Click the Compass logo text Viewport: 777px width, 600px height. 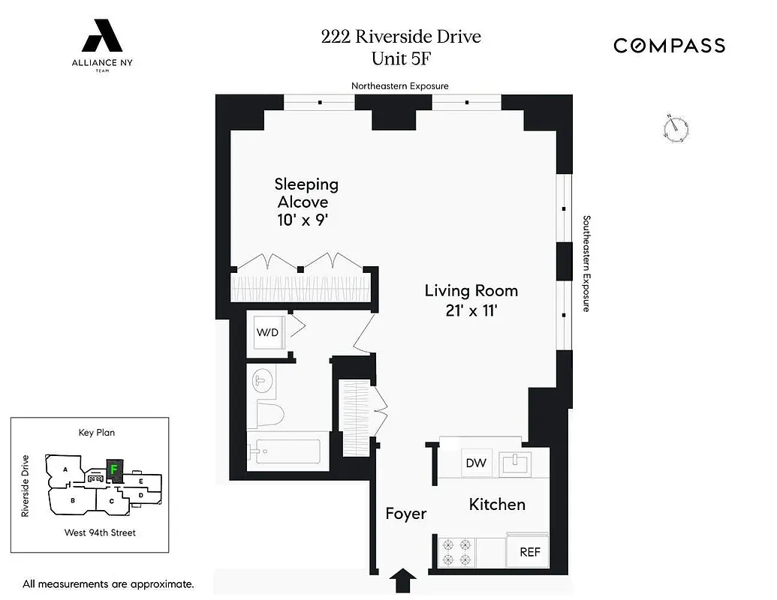tap(669, 46)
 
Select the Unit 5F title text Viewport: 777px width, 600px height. tap(401, 57)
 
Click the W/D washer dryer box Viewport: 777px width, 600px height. tap(267, 331)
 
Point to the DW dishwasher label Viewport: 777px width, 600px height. tap(476, 463)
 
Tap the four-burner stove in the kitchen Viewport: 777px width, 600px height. tap(456, 551)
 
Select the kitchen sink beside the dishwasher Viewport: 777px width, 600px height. tap(516, 463)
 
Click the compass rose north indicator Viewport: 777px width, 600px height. tap(677, 128)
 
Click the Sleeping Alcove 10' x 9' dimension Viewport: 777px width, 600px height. tap(303, 221)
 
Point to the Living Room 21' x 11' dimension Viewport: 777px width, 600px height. tap(471, 310)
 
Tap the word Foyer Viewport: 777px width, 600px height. tap(405, 514)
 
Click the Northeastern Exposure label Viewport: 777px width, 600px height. tap(399, 86)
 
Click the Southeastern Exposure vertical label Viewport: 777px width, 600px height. tap(587, 263)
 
